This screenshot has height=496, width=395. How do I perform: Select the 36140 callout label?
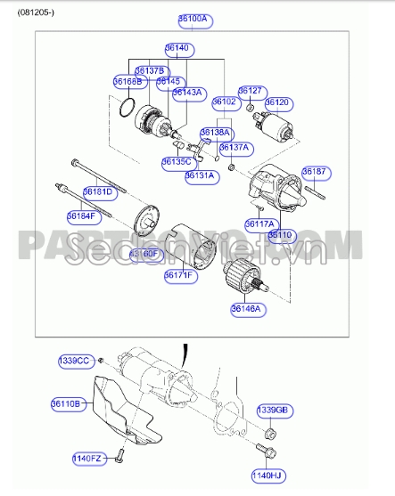tap(177, 48)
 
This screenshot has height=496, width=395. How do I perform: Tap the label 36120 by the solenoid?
tap(277, 103)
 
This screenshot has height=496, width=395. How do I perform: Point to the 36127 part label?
tap(250, 91)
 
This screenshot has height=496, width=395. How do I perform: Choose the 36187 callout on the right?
tap(314, 171)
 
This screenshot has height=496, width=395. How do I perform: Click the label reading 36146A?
tap(245, 308)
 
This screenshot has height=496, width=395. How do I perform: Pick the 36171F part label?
tap(179, 276)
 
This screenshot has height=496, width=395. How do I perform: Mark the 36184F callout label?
tap(82, 215)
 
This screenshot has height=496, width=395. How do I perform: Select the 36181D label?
tap(98, 191)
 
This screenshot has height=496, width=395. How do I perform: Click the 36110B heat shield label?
tap(66, 403)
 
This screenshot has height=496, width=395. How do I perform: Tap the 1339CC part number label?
tap(74, 361)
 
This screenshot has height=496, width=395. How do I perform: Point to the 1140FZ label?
tap(88, 459)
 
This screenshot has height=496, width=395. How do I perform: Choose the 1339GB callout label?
tap(273, 410)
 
